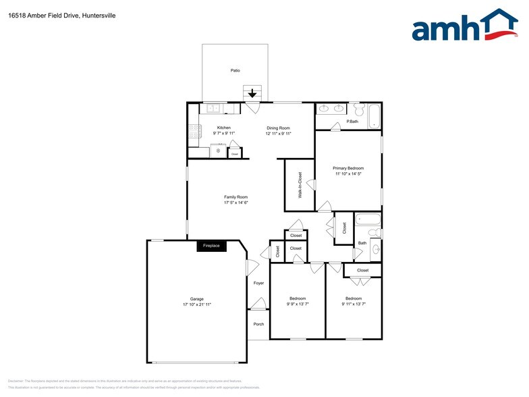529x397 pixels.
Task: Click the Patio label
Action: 235,70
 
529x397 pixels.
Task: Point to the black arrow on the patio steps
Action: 252,95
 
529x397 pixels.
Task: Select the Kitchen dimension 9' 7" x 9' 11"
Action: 223,134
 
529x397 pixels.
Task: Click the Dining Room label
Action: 278,128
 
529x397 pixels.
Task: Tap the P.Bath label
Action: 352,122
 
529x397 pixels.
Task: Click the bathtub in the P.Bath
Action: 375,116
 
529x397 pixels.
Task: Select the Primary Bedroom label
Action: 348,168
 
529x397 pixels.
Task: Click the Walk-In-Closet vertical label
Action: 300,185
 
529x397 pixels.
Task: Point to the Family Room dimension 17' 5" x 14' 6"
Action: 236,203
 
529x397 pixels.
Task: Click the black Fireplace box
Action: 212,246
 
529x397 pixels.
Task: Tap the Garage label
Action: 196,298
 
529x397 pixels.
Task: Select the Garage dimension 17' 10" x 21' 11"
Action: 196,305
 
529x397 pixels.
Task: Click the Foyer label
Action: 258,283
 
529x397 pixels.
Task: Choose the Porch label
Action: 258,324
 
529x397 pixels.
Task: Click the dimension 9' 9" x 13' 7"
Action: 298,305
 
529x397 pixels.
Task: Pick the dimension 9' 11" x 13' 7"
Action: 354,305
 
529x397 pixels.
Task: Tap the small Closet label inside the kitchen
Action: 235,155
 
